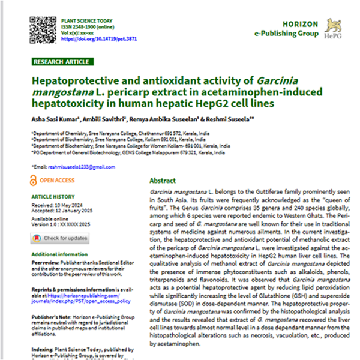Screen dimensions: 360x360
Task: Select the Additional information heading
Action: point(56,255)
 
